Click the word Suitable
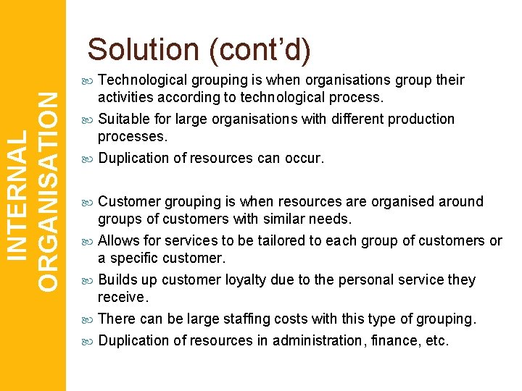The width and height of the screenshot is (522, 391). pyautogui.click(x=123, y=119)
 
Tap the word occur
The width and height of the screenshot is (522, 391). pyautogui.click(x=302, y=158)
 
